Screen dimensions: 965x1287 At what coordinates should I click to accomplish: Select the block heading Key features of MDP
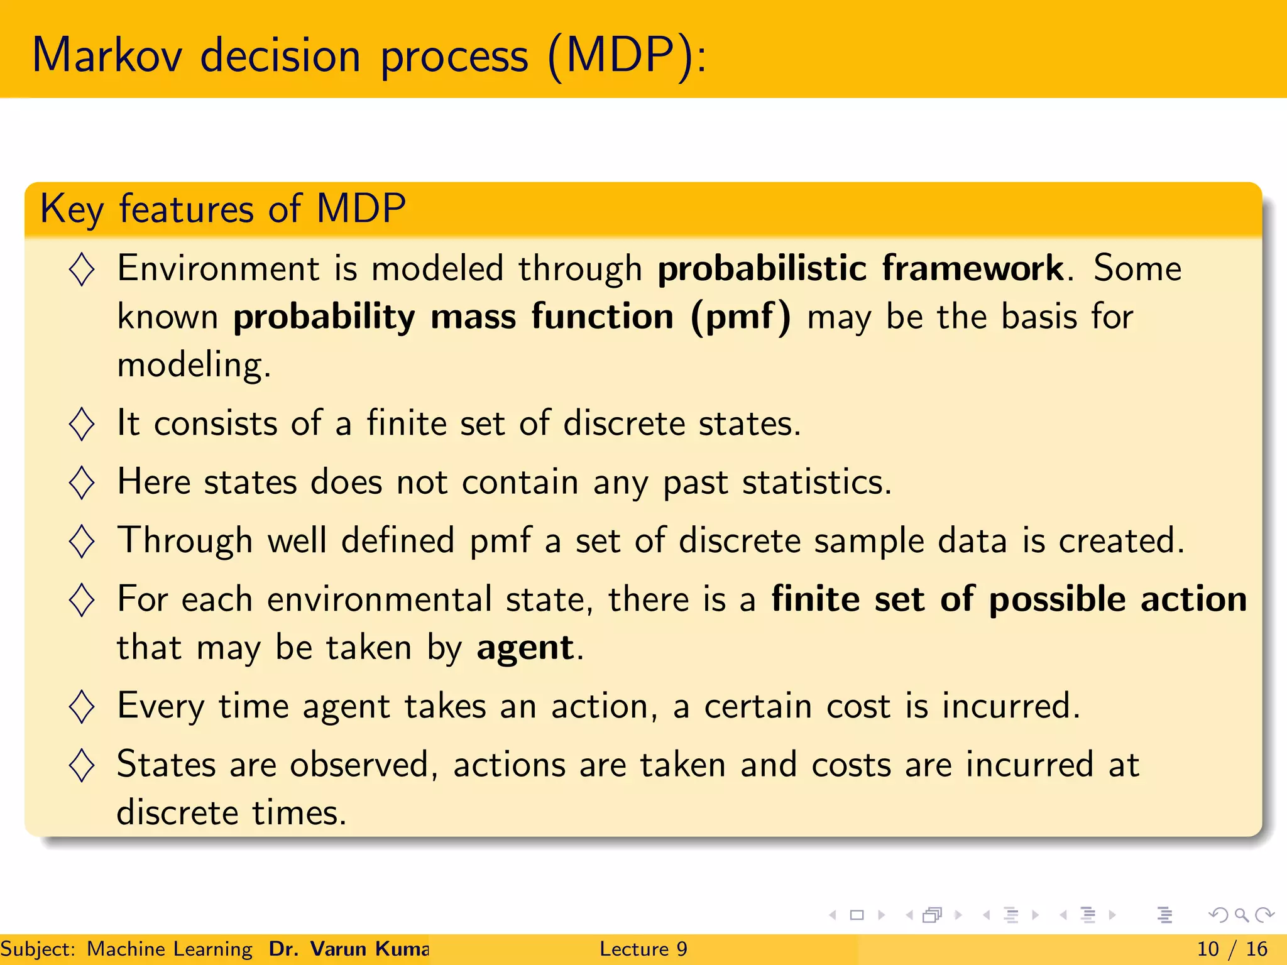222,209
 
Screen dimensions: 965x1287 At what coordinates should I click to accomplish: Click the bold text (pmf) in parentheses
740,317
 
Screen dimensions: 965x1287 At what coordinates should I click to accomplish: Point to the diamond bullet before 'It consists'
82,424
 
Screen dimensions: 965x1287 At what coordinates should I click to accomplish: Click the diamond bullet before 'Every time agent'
82,707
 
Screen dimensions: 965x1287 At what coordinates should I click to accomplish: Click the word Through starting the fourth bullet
185,541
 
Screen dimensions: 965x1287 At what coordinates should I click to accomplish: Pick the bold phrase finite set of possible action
1008,599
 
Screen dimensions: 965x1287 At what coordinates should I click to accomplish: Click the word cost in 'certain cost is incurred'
858,707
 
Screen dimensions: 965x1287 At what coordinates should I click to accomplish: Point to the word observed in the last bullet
358,765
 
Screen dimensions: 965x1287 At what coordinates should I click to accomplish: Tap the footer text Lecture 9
643,949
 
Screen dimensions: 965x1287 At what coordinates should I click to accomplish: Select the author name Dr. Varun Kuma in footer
349,949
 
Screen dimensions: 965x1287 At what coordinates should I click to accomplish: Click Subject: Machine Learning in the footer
126,949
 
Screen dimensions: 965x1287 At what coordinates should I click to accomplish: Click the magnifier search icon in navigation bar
1241,915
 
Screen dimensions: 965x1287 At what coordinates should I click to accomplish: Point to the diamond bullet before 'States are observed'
82,765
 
